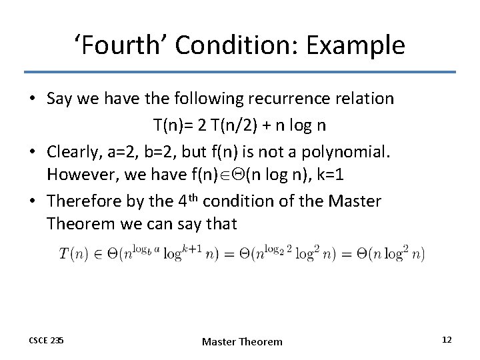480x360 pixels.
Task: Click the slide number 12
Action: [x=447, y=340]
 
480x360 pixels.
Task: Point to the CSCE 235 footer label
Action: [x=46, y=341]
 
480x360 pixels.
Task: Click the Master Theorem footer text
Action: [x=242, y=341]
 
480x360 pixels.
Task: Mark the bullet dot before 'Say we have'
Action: [x=32, y=99]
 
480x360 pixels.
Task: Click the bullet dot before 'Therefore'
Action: [x=32, y=201]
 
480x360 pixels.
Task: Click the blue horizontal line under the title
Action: [x=240, y=72]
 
